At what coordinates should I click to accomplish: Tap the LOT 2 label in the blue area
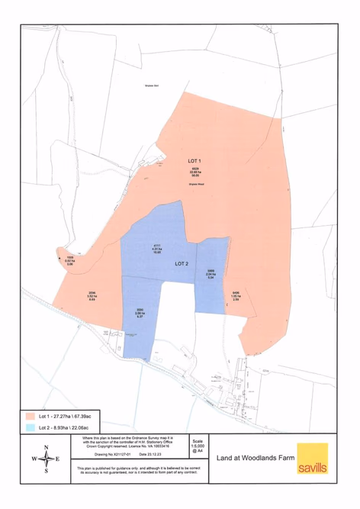coord(182,263)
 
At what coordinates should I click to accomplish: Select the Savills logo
coord(313,459)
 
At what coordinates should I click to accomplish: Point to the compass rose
coord(46,459)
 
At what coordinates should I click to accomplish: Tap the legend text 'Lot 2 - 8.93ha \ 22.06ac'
coord(67,430)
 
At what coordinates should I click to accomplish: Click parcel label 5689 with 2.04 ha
coord(211,274)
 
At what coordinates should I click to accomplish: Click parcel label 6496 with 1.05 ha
coord(236,295)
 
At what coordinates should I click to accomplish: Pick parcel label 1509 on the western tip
coord(69,260)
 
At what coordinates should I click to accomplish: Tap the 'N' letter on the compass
coord(46,447)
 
